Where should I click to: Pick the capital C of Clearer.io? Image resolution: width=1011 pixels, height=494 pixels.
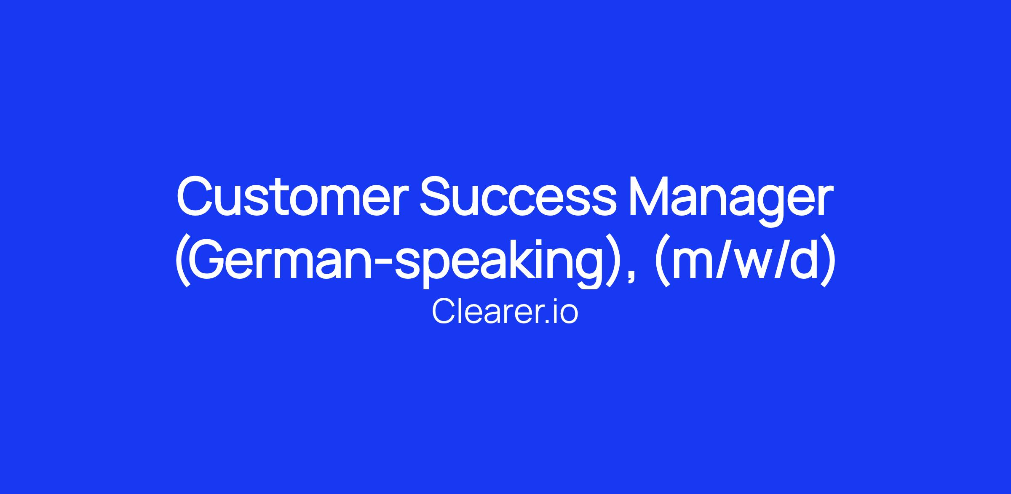[443, 312]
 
